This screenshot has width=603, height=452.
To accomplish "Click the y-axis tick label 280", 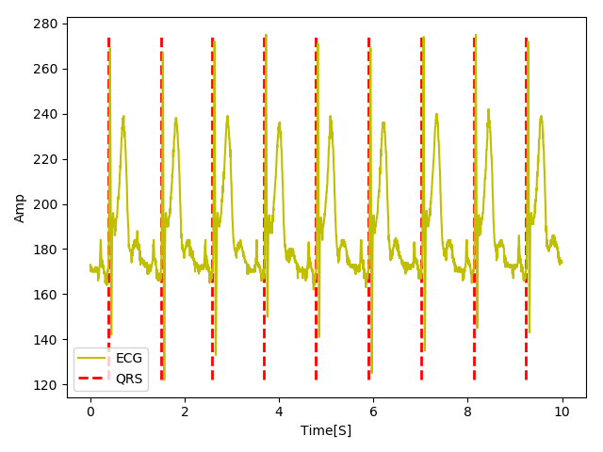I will [49, 24].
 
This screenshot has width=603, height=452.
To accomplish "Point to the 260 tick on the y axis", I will [49, 69].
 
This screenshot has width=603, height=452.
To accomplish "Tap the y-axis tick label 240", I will [49, 114].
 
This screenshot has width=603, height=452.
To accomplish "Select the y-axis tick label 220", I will [49, 159].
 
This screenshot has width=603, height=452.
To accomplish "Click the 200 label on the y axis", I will [49, 204].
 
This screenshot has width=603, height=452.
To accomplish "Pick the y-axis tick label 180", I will [49, 250].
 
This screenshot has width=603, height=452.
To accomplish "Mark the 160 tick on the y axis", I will [49, 295].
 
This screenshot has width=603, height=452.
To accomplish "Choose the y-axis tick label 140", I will [49, 340].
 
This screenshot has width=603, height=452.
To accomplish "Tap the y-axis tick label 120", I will [49, 385].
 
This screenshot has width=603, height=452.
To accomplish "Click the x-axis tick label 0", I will [90, 412].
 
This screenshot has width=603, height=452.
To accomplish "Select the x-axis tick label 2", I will [185, 412].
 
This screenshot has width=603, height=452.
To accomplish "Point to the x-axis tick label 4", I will [279, 412].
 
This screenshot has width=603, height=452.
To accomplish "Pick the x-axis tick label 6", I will [373, 412].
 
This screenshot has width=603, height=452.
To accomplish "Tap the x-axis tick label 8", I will [468, 412].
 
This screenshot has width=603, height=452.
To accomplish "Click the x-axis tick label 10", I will [562, 412].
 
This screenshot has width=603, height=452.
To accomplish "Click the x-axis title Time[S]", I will [326, 430].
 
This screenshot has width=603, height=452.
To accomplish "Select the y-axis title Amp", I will [20, 208].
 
